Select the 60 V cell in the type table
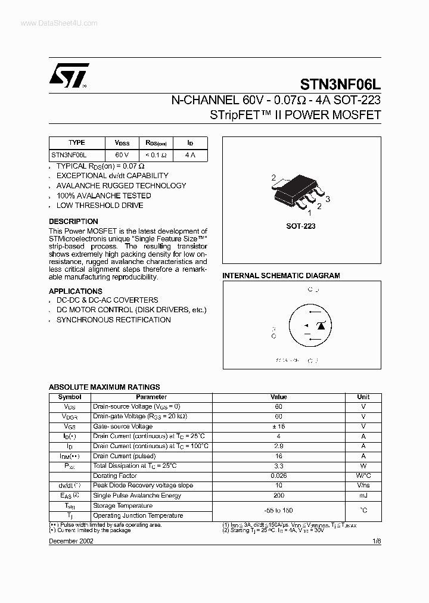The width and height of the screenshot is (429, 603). tap(122, 155)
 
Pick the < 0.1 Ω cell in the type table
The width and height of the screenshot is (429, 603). tap(156, 155)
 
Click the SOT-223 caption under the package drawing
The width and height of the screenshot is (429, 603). tap(301, 226)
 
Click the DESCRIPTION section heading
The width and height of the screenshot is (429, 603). tap(73, 222)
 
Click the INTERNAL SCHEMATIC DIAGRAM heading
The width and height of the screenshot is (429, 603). tap(281, 276)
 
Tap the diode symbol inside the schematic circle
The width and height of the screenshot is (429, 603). tap(321, 325)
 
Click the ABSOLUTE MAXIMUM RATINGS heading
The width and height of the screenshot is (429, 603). tap(104, 387)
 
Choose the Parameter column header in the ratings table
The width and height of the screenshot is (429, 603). tap(151, 397)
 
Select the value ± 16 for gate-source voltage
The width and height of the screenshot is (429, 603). tap(278, 427)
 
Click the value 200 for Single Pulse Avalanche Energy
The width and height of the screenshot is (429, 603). tap(278, 495)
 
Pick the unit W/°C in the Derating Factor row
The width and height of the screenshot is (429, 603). tap(363, 476)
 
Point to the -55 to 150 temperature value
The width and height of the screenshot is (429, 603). tap(278, 511)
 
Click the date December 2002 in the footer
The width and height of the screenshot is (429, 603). tap(71, 541)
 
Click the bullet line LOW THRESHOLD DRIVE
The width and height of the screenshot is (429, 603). tap(100, 206)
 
